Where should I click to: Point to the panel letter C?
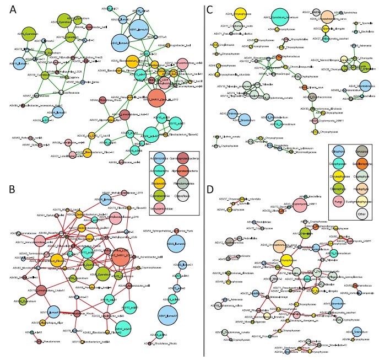pyautogui.click(x=210, y=9)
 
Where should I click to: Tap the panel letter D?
pyautogui.click(x=210, y=190)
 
